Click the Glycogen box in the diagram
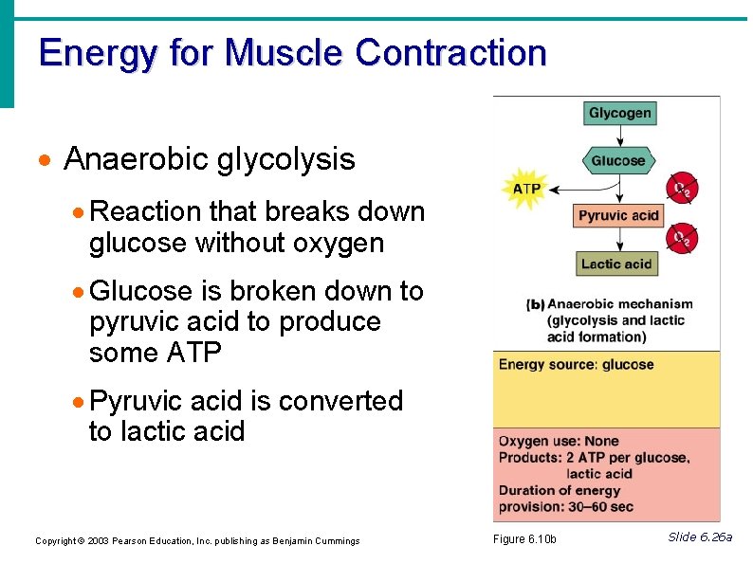(x=619, y=114)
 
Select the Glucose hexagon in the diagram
(x=618, y=160)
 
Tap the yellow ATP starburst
(x=526, y=189)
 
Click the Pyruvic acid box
(x=618, y=215)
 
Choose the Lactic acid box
(x=616, y=264)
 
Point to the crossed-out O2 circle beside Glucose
(x=681, y=188)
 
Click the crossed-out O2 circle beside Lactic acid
(x=681, y=238)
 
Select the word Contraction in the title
(x=450, y=52)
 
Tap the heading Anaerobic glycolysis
(x=209, y=159)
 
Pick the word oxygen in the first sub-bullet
(x=337, y=244)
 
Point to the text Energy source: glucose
(x=576, y=365)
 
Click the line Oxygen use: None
(x=559, y=441)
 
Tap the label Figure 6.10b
(x=525, y=539)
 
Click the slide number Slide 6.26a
(x=700, y=537)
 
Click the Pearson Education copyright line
(x=197, y=541)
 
